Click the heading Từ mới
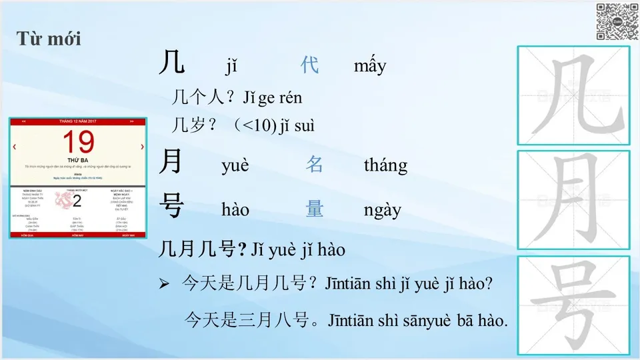click(x=49, y=38)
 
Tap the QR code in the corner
click(x=617, y=21)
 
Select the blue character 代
click(x=310, y=65)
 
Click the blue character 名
click(x=315, y=165)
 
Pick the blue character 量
click(x=315, y=209)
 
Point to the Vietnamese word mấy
click(x=370, y=66)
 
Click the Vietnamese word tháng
click(x=385, y=165)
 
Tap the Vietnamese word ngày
click(x=383, y=210)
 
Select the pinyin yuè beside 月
click(x=235, y=165)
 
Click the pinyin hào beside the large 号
click(x=235, y=210)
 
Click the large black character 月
click(x=171, y=162)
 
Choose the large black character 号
click(x=172, y=207)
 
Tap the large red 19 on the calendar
click(x=79, y=143)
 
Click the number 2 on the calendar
click(x=77, y=201)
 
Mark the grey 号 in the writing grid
click(x=573, y=305)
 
